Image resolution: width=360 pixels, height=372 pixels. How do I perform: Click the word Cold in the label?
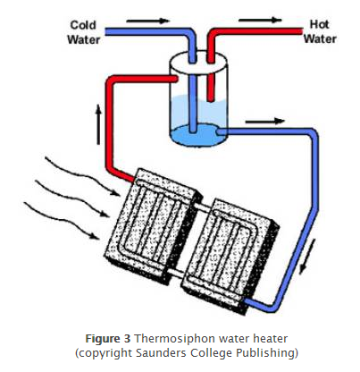83,25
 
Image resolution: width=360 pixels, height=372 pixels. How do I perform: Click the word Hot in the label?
319,24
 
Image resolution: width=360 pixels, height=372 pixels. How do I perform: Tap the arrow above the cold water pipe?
148,21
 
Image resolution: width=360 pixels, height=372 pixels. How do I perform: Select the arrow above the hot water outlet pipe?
260,20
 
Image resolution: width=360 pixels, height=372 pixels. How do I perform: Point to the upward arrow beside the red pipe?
98,124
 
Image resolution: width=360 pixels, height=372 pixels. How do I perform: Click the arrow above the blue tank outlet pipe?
264,121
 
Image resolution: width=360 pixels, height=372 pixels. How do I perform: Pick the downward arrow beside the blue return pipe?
306,256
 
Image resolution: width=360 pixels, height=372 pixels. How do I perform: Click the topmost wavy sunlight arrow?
82,176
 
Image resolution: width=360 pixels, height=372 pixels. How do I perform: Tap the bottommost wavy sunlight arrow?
61,220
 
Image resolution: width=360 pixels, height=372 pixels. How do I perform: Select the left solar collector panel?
153,224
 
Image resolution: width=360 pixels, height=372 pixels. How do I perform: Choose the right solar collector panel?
230,257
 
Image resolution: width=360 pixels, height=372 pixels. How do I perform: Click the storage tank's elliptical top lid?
198,63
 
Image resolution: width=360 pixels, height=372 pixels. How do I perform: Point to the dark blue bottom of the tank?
197,135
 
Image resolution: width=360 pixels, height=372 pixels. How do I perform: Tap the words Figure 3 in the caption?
108,339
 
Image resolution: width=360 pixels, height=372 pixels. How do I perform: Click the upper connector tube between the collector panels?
203,207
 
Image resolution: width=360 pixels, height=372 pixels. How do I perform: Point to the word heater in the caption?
271,339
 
